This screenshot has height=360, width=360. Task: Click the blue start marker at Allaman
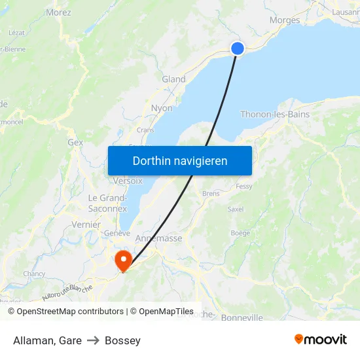click(238, 48)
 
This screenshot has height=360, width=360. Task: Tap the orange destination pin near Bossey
click(122, 261)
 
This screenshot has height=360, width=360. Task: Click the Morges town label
click(285, 20)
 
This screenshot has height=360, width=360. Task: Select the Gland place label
click(173, 79)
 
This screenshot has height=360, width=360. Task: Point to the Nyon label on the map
click(162, 108)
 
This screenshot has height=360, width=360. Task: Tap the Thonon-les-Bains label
click(275, 115)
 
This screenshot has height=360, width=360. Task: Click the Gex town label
click(75, 142)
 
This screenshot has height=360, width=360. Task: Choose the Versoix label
click(128, 181)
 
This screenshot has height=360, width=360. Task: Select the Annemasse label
click(158, 239)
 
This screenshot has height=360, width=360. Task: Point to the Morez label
click(59, 12)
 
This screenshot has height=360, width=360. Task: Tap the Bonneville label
click(242, 318)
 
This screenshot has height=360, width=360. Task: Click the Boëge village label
click(240, 233)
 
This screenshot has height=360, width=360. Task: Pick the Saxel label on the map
click(235, 209)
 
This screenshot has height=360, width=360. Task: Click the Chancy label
click(34, 274)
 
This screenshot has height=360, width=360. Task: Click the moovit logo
click(320, 340)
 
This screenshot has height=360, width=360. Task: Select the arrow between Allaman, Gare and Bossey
click(93, 340)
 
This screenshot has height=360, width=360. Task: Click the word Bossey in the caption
click(122, 340)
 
